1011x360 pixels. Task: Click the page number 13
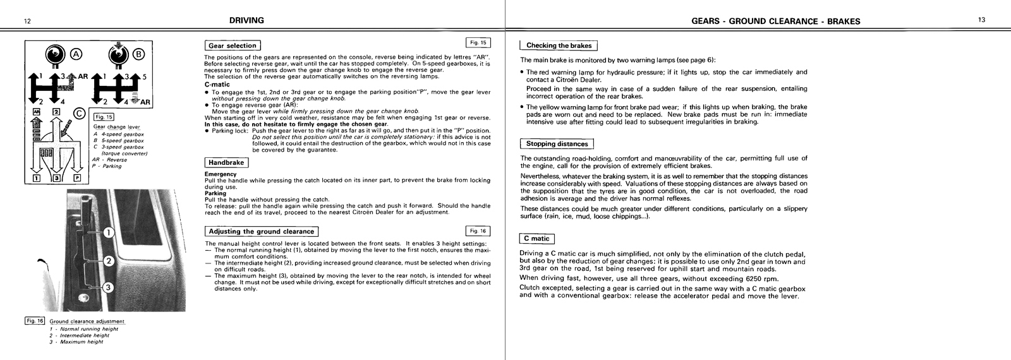981,21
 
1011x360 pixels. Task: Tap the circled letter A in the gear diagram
76,54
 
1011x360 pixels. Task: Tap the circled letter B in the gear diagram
138,54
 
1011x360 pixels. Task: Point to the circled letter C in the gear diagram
79,114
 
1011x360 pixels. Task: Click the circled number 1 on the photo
108,233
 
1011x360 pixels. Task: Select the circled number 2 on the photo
108,261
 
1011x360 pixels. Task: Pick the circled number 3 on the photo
108,288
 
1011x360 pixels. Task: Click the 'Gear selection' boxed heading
233,45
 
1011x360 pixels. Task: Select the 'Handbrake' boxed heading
226,162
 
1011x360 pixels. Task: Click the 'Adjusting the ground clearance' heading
261,231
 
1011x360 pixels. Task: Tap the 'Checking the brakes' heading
559,45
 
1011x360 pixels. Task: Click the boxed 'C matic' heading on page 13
536,239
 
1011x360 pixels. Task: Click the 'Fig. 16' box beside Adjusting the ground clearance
477,231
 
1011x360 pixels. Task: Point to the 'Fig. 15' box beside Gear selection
477,43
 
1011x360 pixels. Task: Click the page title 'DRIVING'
246,21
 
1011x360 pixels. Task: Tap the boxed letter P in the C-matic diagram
77,178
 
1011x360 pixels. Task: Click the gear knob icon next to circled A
56,54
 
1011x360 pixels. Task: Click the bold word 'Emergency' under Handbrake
221,174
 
